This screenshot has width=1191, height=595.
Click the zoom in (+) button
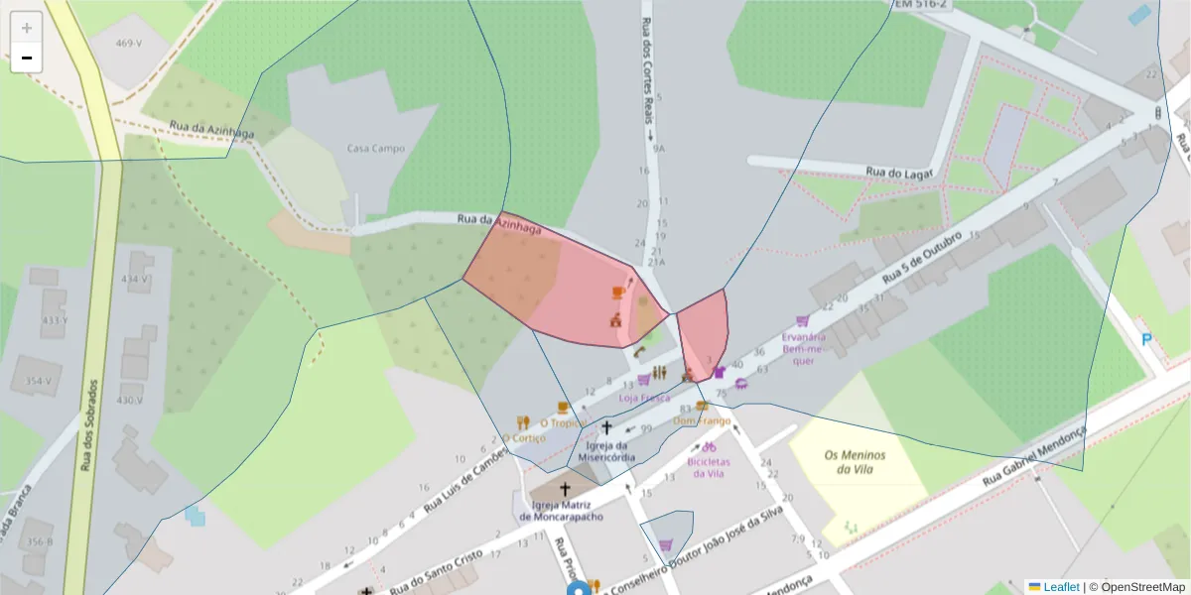[27, 28]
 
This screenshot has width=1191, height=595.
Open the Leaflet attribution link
[1060, 587]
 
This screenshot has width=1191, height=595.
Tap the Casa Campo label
[375, 149]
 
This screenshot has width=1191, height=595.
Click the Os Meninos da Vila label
[855, 461]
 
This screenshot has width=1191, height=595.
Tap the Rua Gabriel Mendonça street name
[1034, 457]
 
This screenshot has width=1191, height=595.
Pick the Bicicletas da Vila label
[709, 467]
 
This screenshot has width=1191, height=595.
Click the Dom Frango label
[702, 420]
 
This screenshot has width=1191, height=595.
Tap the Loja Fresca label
[644, 398]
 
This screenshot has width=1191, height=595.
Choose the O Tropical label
[564, 422]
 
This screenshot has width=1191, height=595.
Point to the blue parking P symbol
[1146, 340]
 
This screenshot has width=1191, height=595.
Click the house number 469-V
[128, 44]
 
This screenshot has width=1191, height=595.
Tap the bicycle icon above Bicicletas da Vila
[709, 447]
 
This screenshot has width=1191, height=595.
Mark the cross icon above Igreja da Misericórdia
[606, 427]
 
